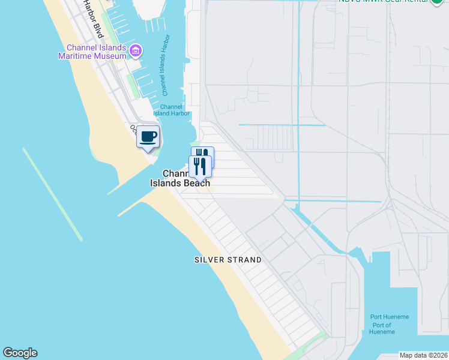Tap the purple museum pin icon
pyautogui.click(x=136, y=50)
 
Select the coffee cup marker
pyautogui.click(x=148, y=137)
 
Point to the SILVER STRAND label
pyautogui.click(x=228, y=260)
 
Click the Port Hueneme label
pyautogui.click(x=390, y=317)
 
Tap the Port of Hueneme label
pyautogui.click(x=382, y=328)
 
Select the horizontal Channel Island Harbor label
pyautogui.click(x=172, y=110)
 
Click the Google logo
pyautogui.click(x=20, y=353)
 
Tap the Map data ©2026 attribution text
pyautogui.click(x=424, y=355)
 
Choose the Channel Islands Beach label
pyautogui.click(x=179, y=178)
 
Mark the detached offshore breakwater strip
pyautogui.click(x=52, y=193)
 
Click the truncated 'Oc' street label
pyautogui.click(x=133, y=128)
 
